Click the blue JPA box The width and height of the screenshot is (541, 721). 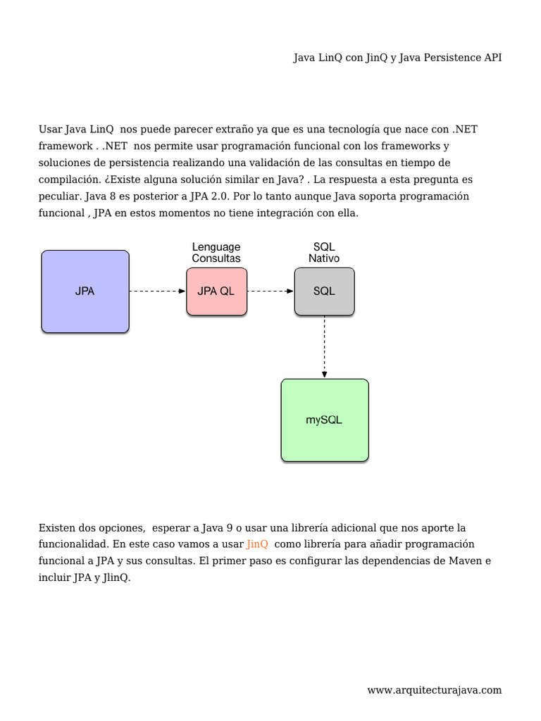(x=85, y=291)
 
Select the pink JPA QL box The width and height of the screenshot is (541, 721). (x=216, y=291)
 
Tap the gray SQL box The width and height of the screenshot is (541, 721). (x=324, y=291)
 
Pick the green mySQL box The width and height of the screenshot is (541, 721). (x=324, y=420)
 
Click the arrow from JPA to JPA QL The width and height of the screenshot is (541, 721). (x=157, y=291)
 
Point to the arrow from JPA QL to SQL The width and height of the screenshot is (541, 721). (x=270, y=291)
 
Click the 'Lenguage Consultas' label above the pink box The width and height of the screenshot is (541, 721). (x=216, y=253)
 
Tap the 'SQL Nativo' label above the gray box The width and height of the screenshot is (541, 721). (x=324, y=253)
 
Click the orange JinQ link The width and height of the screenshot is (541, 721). (x=257, y=544)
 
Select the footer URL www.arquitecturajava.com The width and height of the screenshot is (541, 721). (x=435, y=690)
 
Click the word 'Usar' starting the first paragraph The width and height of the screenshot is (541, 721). (x=50, y=130)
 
